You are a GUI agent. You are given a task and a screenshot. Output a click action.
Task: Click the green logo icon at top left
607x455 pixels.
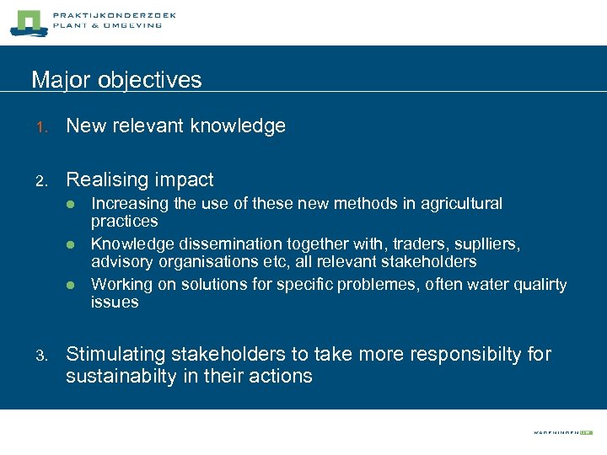click(25, 23)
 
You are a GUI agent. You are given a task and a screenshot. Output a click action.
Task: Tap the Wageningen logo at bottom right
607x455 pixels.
click(562, 431)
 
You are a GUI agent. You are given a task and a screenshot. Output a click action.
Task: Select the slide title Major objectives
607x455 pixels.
click(116, 80)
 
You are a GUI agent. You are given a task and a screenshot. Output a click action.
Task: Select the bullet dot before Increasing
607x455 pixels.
click(73, 204)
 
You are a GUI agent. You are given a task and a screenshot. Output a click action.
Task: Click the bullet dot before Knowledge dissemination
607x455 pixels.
click(73, 244)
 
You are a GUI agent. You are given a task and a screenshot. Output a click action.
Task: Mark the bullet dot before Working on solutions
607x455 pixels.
click(73, 285)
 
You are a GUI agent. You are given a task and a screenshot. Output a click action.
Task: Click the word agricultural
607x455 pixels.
click(456, 204)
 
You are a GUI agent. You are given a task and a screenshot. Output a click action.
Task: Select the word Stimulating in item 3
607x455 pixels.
click(112, 354)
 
